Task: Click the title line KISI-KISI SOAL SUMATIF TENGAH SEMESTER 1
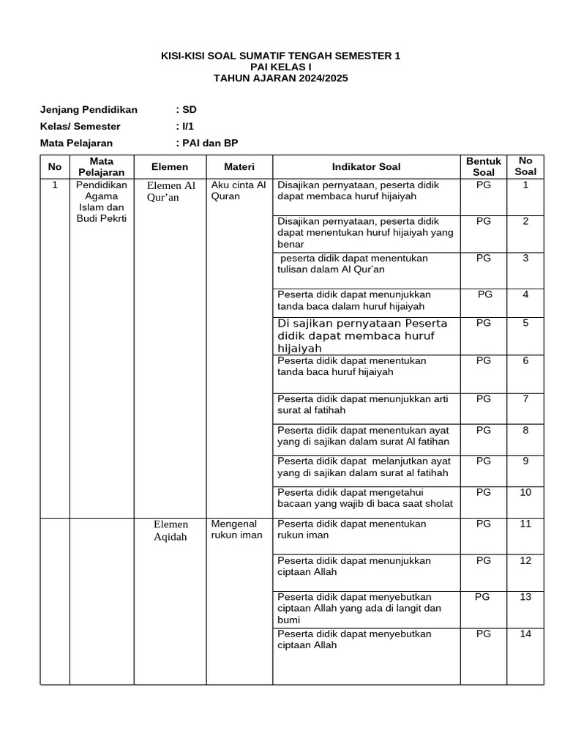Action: [x=280, y=56]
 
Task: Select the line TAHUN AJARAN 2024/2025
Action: [x=280, y=78]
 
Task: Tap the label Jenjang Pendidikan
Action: [x=89, y=110]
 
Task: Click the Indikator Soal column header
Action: [x=366, y=167]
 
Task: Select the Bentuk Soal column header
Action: [x=484, y=167]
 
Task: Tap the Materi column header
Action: [x=239, y=167]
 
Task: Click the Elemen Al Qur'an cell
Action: [x=171, y=191]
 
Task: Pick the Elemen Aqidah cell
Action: [x=171, y=530]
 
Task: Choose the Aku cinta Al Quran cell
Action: [x=239, y=190]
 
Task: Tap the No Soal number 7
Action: [x=525, y=399]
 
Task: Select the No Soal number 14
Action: [x=525, y=634]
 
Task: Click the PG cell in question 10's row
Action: [x=484, y=492]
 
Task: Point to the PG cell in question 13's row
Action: [x=482, y=597]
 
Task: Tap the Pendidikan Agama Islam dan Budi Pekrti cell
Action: [x=101, y=202]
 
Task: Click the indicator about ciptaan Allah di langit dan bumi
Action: [x=359, y=608]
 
